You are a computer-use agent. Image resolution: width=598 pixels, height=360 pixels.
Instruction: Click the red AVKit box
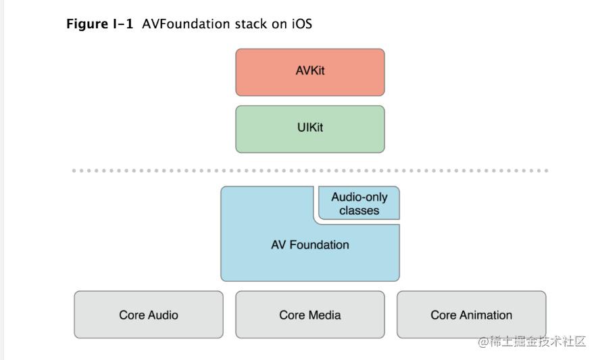310,72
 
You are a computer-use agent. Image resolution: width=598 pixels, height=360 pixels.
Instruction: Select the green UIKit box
310,129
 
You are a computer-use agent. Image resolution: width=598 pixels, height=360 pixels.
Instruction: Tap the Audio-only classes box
359,203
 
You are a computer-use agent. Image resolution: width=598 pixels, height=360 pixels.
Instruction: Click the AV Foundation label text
310,245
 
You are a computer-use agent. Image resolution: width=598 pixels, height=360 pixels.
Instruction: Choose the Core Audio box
149,315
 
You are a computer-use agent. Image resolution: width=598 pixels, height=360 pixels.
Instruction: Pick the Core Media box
310,315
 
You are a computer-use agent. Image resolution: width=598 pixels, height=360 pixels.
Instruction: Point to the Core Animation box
472,315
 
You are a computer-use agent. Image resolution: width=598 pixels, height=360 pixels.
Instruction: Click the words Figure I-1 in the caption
99,24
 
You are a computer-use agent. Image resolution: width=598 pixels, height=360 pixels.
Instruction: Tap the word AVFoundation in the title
186,24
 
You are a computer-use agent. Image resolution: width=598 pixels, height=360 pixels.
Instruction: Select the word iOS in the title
302,24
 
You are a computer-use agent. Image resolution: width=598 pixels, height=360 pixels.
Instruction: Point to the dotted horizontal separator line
310,170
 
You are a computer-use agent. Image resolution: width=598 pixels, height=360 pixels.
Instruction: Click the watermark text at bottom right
532,341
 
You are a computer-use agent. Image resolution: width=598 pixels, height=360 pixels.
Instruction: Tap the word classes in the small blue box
359,211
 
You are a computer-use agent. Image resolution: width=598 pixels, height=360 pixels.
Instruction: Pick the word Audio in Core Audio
164,315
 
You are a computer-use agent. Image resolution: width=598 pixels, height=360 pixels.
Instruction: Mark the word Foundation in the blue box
320,245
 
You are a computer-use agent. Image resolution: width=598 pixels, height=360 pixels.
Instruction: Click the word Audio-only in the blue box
359,197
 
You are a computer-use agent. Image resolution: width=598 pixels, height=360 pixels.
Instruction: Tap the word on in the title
279,24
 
